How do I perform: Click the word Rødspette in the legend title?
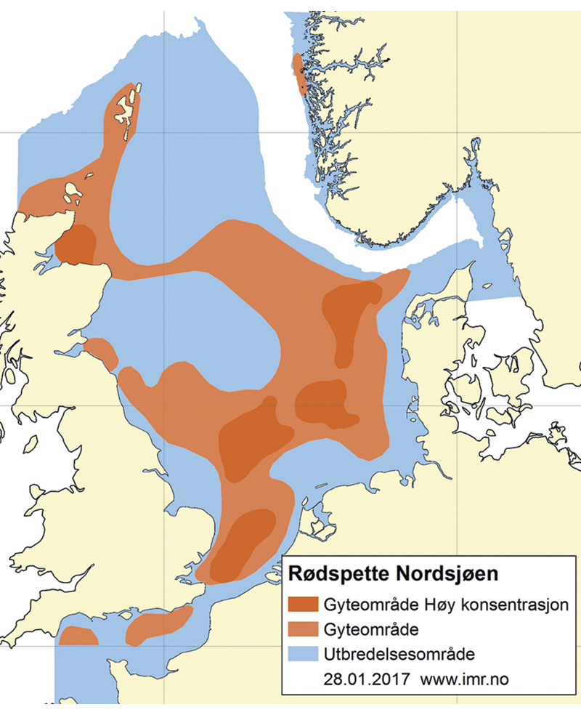click(336, 574)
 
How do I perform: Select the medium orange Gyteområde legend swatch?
click(304, 629)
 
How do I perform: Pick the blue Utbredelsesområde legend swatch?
click(304, 653)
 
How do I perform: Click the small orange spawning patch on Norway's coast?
click(298, 73)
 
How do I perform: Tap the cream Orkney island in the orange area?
click(72, 193)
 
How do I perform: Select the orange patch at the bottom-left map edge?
click(78, 636)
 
